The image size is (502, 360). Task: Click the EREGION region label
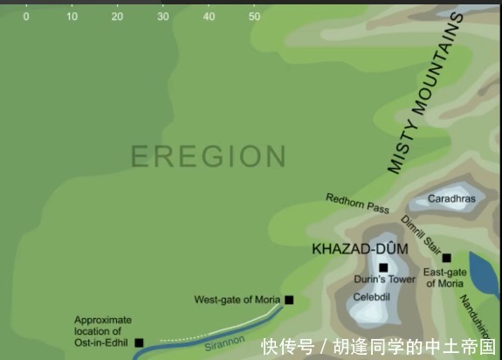208,156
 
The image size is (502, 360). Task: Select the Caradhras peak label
451,199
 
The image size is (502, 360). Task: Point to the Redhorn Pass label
357,204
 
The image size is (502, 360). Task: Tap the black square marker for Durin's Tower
382,267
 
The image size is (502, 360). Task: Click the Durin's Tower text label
384,280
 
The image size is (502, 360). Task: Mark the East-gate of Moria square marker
446,258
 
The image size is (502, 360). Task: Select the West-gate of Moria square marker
289,300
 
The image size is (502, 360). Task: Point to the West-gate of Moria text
237,301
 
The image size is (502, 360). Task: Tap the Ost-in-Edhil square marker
139,343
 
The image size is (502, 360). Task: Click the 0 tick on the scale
25,17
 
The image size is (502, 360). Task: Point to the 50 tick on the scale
254,17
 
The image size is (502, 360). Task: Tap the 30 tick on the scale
162,17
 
